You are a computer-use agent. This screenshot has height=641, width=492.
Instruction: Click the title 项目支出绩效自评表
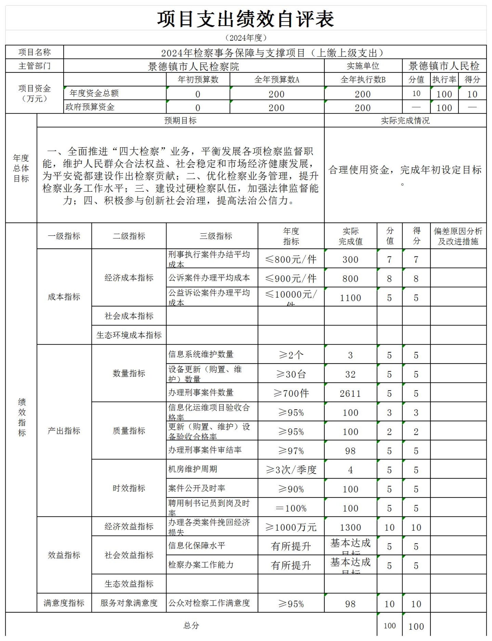click(x=246, y=19)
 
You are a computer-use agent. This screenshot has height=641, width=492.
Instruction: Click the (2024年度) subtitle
click(x=246, y=38)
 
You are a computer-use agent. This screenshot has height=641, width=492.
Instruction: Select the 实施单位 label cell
click(x=363, y=66)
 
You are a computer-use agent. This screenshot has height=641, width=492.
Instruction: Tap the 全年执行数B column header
click(x=363, y=80)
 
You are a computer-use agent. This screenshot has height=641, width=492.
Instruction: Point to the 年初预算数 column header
click(x=198, y=80)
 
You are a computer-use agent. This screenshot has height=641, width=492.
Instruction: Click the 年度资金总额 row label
click(x=94, y=93)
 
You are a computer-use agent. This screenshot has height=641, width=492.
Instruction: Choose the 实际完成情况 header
click(x=405, y=120)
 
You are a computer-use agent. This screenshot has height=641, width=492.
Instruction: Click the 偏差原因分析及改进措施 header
click(x=458, y=236)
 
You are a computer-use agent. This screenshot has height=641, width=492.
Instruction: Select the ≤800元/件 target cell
click(x=291, y=259)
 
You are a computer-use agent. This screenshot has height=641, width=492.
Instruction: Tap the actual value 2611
click(x=350, y=393)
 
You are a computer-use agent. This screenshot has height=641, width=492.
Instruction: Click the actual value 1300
click(x=350, y=527)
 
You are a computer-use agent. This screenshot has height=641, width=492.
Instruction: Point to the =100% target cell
click(x=291, y=508)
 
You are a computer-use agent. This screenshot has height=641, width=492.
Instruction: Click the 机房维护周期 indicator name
click(x=193, y=469)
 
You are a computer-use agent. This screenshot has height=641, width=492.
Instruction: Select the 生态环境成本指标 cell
click(x=129, y=335)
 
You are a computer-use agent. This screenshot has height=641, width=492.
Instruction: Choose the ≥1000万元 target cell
click(x=291, y=527)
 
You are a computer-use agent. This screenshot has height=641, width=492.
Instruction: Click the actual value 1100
click(x=350, y=298)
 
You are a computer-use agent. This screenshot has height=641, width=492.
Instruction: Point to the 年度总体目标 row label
click(x=21, y=168)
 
